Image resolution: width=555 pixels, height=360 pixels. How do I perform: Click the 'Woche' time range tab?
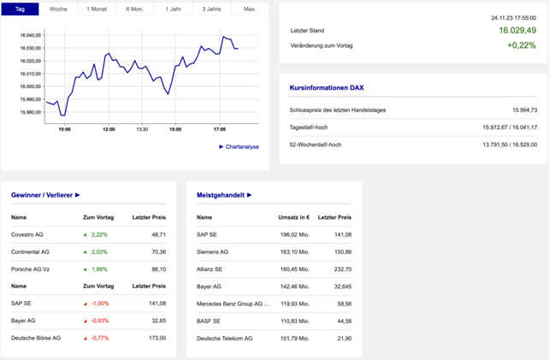[x=58, y=9]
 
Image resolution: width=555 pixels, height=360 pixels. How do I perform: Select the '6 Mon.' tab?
[x=134, y=9]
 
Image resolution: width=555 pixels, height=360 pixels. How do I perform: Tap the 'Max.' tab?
[x=250, y=9]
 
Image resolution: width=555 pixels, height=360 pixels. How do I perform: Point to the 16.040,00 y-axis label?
[x=30, y=35]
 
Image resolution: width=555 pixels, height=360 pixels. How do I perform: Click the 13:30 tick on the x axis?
[x=142, y=129]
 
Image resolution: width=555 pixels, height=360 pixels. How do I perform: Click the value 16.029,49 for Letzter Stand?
[x=517, y=30]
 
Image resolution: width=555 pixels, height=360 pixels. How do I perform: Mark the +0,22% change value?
[x=521, y=45]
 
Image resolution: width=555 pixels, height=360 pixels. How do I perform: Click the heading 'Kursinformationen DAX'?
[x=328, y=88]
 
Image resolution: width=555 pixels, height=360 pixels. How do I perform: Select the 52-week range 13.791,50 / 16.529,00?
[x=510, y=145]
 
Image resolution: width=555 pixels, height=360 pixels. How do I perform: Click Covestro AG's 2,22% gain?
[x=98, y=234]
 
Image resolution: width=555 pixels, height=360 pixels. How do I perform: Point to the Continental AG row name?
[x=30, y=251]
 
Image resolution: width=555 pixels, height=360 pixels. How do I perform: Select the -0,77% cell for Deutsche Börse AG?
[x=98, y=338]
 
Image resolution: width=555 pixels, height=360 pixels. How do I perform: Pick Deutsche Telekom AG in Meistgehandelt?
[x=225, y=338]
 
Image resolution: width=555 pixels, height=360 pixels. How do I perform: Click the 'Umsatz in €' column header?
[x=294, y=217]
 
